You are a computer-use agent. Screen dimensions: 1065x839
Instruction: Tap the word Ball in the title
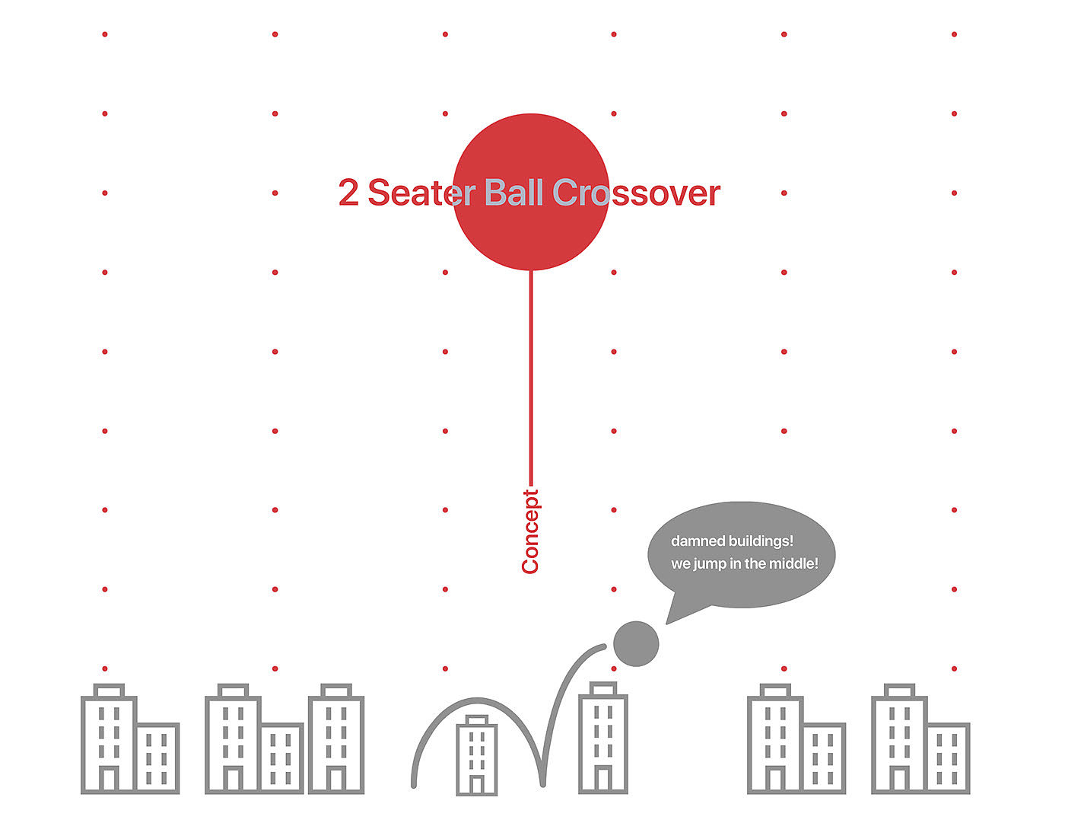click(513, 193)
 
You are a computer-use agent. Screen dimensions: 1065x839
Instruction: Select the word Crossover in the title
click(636, 193)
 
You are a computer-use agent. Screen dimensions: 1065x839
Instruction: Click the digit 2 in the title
click(348, 193)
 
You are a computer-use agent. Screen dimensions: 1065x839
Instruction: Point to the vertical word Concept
click(530, 531)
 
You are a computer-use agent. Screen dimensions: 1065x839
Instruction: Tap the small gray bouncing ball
click(636, 643)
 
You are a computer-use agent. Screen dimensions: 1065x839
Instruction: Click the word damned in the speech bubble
click(698, 541)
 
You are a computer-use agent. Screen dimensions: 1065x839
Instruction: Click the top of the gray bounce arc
click(478, 700)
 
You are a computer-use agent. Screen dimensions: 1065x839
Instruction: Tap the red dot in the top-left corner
click(105, 34)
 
